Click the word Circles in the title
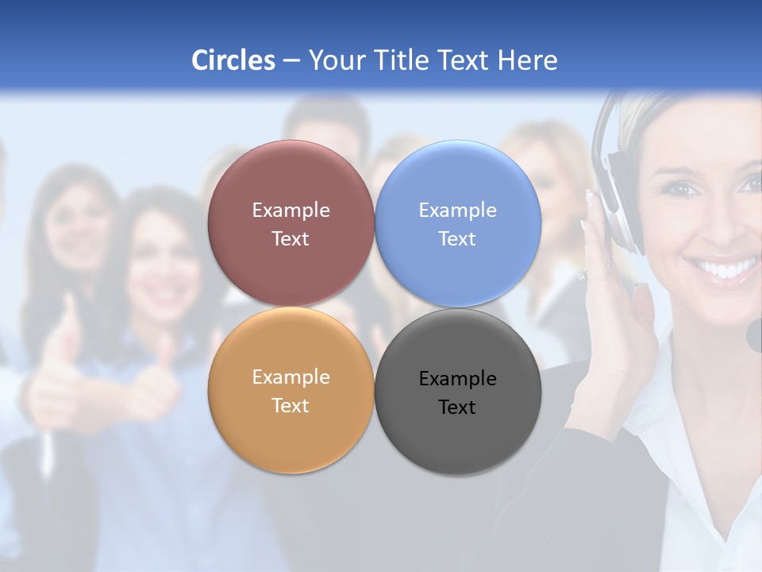point(233,60)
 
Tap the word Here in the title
point(527,60)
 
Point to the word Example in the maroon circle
point(291,211)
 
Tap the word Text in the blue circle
point(457,239)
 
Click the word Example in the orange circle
point(291,377)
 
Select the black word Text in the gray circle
point(457,408)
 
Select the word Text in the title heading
point(464,60)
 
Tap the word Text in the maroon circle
point(291,239)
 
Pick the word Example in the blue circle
point(457,211)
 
